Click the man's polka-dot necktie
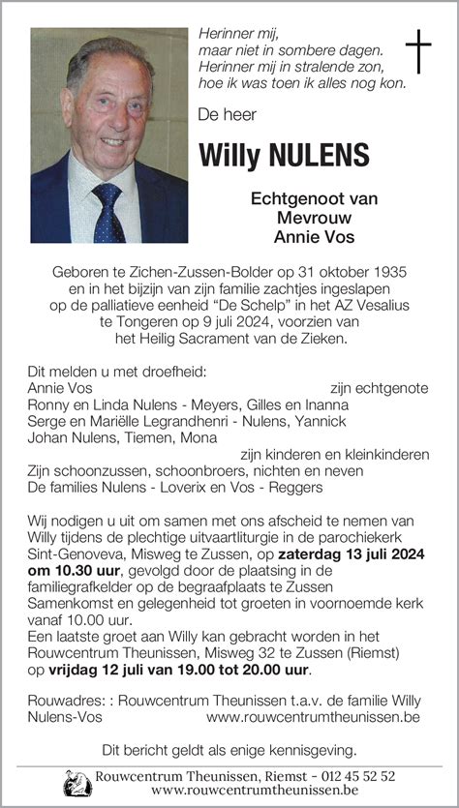point(107,212)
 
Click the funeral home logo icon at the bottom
point(76,783)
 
